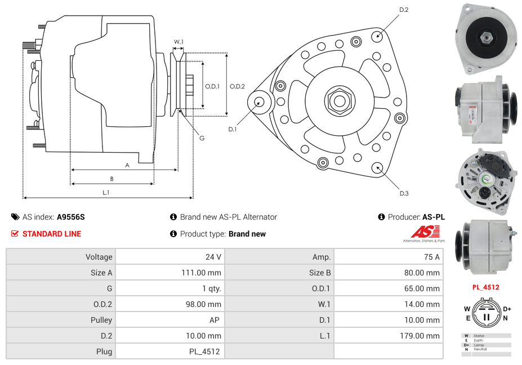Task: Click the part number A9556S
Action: pos(71,217)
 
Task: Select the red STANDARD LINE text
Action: pos(51,234)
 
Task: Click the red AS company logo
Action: pos(423,232)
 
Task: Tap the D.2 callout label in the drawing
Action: pos(404,10)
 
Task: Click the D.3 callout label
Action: pos(404,193)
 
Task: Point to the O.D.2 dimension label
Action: pos(237,86)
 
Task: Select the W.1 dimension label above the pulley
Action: pos(179,42)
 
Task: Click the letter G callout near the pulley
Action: pos(202,138)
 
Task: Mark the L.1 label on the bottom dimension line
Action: pos(105,192)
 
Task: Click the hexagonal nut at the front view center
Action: pos(339,101)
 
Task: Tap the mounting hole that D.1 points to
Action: pos(260,102)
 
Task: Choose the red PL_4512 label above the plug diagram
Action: pos(485,287)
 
